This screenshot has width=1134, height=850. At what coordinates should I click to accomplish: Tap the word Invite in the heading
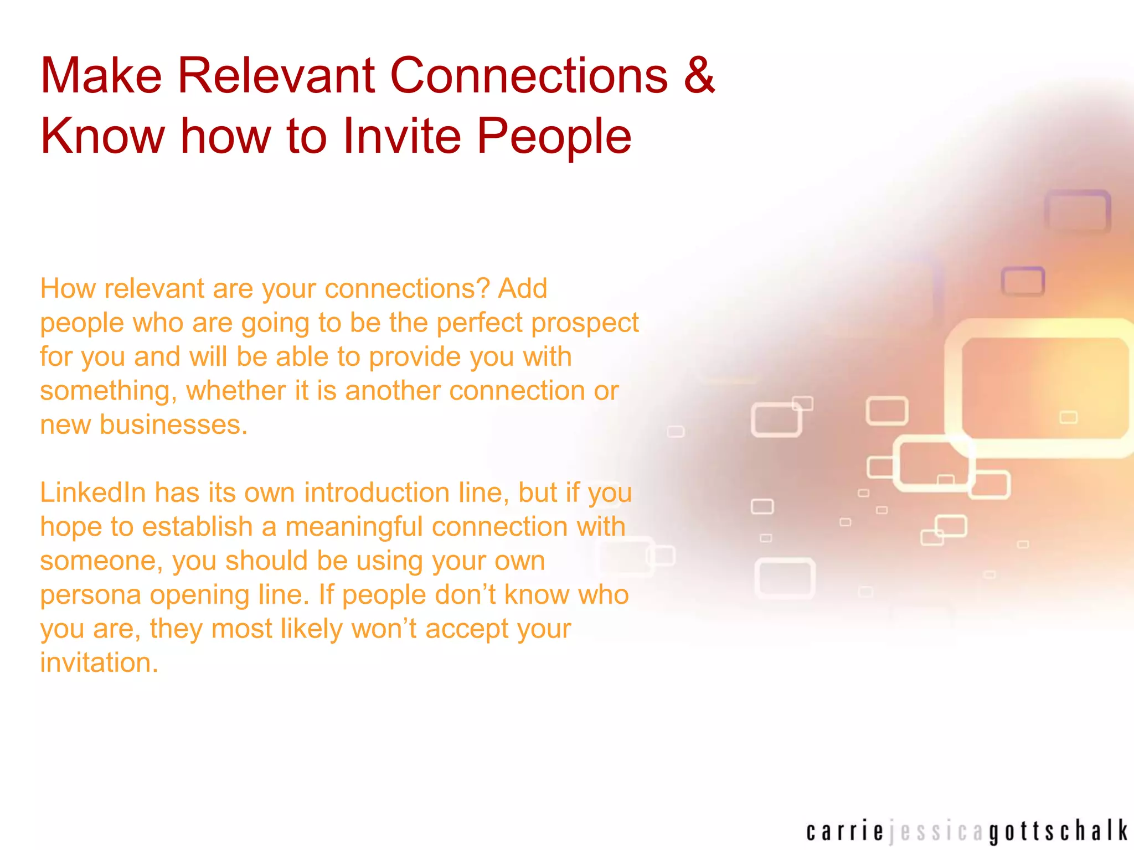tap(402, 136)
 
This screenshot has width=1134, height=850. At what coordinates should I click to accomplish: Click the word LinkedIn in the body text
tap(92, 492)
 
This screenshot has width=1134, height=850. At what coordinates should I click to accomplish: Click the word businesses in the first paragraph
tap(173, 425)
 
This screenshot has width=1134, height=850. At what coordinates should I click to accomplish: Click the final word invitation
tap(99, 662)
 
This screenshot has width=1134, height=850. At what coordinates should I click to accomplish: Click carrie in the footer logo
tap(844, 832)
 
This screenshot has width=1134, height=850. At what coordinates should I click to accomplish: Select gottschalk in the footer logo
tap(1058, 832)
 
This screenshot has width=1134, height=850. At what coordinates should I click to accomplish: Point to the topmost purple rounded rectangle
tap(1077, 211)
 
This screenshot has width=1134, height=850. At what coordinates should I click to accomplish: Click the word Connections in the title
tap(529, 75)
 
